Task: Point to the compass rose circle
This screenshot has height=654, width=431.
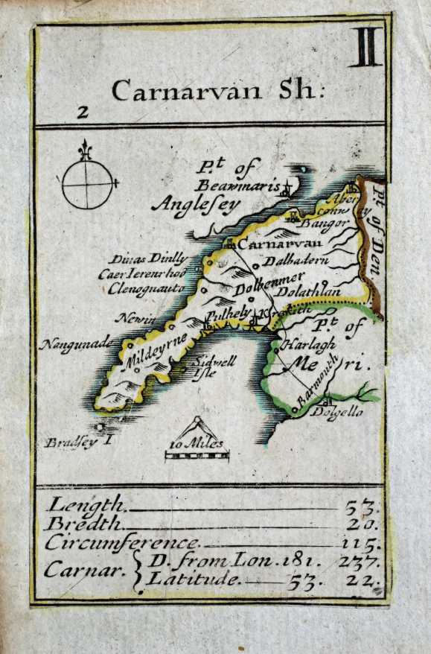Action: point(87,183)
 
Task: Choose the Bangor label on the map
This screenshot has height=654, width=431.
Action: point(328,223)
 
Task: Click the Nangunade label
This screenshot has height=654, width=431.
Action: point(77,344)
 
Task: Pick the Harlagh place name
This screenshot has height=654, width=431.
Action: point(308,345)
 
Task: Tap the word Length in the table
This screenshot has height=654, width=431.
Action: point(85,505)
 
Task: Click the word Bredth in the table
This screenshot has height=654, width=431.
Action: point(82,524)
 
